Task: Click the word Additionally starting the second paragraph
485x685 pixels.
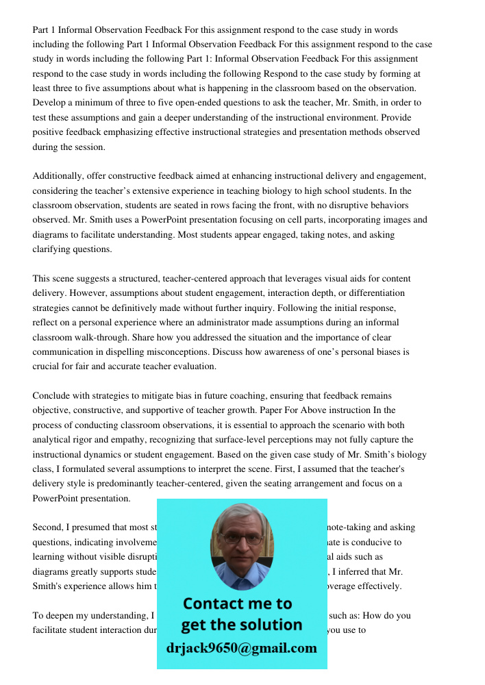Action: (58, 176)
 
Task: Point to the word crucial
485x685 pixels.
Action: (47, 366)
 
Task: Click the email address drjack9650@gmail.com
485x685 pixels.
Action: (241, 648)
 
